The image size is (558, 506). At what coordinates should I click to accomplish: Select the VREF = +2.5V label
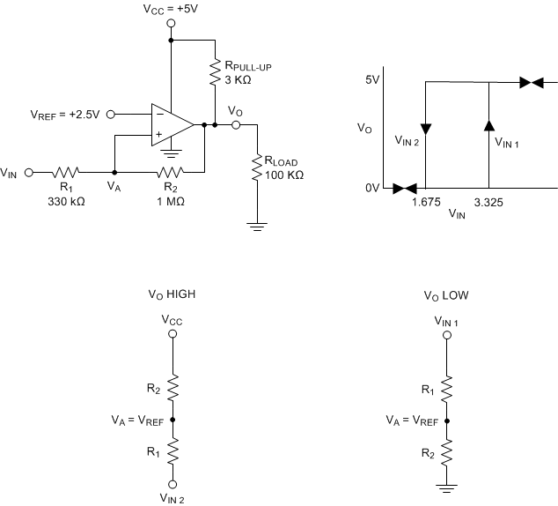coord(65,114)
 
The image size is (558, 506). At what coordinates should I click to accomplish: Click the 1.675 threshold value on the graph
coord(425,201)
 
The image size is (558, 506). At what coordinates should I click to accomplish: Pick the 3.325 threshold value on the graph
coord(488,201)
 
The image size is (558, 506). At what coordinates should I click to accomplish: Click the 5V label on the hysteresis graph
coord(372,80)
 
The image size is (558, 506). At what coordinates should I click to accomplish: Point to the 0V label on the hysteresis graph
coord(372,188)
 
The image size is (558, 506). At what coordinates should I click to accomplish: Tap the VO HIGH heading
coord(172,294)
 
